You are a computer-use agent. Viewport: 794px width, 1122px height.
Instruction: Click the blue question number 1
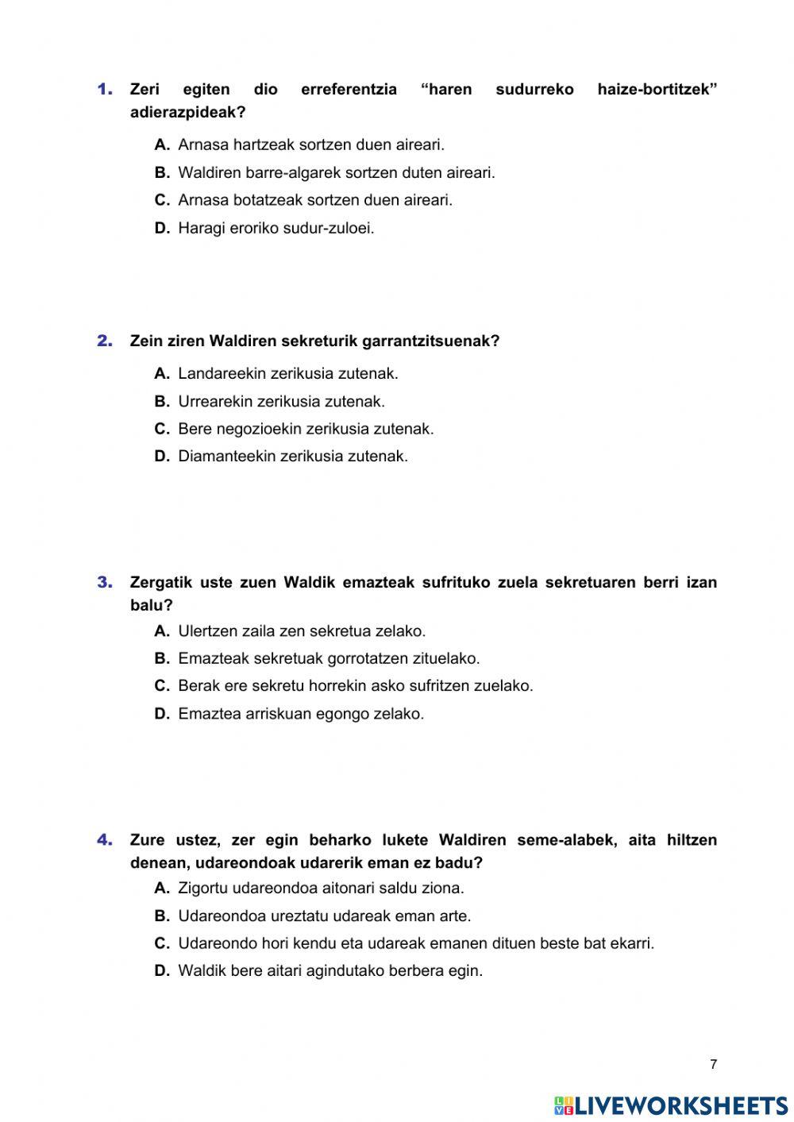coord(106,89)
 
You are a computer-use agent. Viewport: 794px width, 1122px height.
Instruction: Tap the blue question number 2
coord(106,341)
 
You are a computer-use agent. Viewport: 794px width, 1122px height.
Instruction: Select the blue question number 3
coord(106,582)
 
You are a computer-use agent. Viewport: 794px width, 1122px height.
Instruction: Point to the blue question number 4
coord(106,839)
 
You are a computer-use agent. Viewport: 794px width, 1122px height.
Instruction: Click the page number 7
coord(713,1065)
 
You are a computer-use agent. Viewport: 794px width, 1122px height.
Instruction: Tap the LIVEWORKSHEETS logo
coord(671,1105)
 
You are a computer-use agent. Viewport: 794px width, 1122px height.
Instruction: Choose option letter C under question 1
coord(162,200)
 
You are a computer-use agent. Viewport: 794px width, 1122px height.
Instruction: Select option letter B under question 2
coord(162,401)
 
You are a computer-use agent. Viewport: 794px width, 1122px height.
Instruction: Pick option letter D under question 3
coord(162,713)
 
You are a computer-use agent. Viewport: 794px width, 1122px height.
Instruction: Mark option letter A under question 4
coord(162,888)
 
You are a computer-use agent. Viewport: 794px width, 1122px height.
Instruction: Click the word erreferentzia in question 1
coord(349,90)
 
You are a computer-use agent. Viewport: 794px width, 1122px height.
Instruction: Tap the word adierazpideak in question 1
coord(187,113)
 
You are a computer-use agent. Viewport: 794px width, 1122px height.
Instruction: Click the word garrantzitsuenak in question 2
coord(430,341)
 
